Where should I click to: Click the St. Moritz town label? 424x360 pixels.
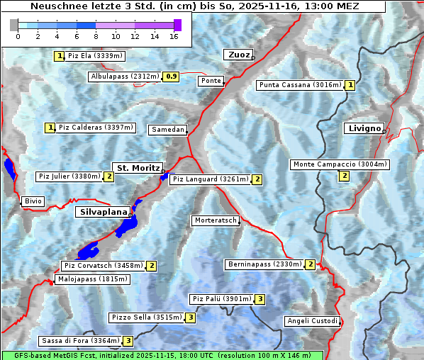pos(137,168)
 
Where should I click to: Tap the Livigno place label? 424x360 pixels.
pos(364,128)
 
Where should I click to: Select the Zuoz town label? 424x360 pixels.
pos(237,55)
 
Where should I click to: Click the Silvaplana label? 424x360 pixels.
pos(103,212)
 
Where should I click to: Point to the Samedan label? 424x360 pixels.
pos(168,130)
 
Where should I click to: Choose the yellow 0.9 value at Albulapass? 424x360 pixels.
pos(171,77)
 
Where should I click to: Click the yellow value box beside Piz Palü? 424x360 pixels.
pos(260,299)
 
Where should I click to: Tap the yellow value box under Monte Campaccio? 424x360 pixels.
pos(345,176)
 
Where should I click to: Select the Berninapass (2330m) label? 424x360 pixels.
pos(265,264)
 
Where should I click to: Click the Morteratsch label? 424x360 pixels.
pos(215,220)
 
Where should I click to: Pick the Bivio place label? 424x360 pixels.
pos(33,201)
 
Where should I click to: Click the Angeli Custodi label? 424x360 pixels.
pos(312,321)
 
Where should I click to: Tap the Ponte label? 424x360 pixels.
pos(211,81)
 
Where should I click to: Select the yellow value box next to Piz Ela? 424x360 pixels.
pos(60,56)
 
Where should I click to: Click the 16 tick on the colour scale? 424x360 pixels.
pos(174,36)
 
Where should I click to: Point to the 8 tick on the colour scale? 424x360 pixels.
pos(96,36)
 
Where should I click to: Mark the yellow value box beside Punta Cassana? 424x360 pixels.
pos(350,85)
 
